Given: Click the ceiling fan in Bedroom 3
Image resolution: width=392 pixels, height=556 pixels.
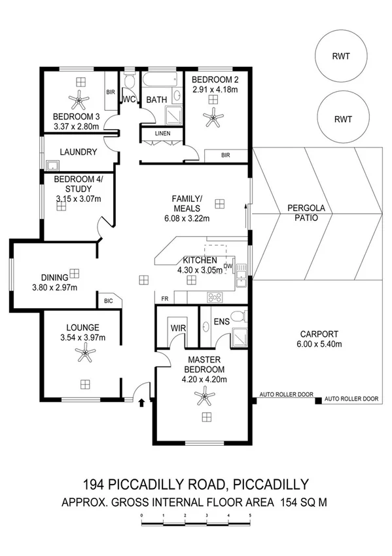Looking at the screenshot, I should tap(80, 99).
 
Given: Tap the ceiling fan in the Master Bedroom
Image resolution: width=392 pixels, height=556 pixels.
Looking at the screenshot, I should tap(205, 397).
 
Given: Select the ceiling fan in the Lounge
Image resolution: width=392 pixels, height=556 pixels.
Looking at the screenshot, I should tap(84, 354).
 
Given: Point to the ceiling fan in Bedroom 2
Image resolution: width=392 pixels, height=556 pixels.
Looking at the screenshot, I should tap(212, 118).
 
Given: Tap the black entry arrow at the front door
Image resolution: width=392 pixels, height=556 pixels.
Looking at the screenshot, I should tap(142, 402).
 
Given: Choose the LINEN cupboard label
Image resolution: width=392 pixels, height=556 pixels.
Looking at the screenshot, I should tap(162, 134).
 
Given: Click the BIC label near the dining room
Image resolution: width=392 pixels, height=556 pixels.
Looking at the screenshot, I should tap(108, 301).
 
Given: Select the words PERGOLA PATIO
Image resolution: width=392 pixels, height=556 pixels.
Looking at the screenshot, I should tap(302, 213).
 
